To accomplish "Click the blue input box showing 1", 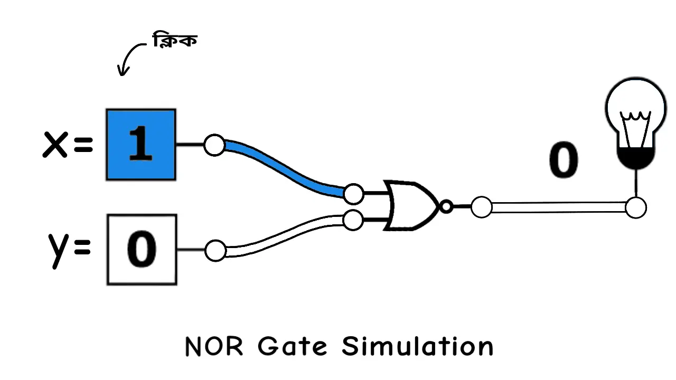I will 140,145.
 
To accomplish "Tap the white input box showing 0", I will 142,250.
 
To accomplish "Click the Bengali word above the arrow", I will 175,41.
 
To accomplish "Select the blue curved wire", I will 285,168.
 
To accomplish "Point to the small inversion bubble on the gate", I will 446,207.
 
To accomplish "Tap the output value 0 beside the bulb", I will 564,160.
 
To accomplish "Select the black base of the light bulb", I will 636,158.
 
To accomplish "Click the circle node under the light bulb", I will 636,207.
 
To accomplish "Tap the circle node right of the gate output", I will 481,207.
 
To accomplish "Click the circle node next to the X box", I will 214,145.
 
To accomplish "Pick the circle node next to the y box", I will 215,251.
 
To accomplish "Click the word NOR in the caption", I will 214,347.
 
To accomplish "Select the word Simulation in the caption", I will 417,347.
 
